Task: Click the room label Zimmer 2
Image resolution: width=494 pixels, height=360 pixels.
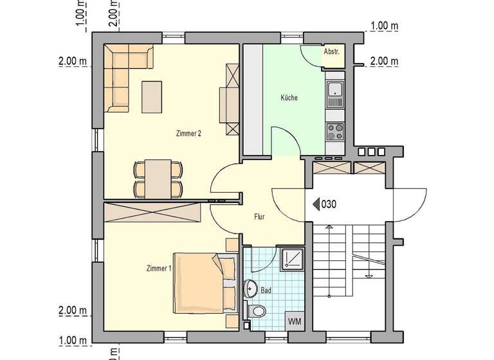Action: click(188, 134)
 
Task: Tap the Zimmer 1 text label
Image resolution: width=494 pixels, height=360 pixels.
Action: click(158, 268)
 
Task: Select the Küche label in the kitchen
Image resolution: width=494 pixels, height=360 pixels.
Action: click(289, 98)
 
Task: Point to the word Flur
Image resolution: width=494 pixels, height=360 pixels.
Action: click(259, 217)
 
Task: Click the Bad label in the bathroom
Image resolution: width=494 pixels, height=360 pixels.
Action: click(266, 291)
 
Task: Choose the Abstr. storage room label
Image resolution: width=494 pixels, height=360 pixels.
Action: click(332, 51)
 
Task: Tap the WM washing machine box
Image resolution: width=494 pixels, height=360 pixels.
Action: click(295, 320)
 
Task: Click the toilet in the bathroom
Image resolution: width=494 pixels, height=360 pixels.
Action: click(259, 312)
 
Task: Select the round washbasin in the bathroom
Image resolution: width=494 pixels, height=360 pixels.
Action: click(250, 289)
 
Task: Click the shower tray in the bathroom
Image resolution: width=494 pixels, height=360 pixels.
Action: click(292, 258)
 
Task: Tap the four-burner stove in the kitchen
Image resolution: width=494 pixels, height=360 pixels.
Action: click(334, 132)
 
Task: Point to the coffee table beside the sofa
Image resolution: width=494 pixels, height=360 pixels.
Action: click(152, 96)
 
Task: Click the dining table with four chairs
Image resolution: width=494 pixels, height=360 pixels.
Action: click(158, 179)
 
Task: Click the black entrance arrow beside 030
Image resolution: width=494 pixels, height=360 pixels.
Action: click(316, 204)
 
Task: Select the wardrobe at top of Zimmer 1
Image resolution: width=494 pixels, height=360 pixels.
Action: click(152, 212)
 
